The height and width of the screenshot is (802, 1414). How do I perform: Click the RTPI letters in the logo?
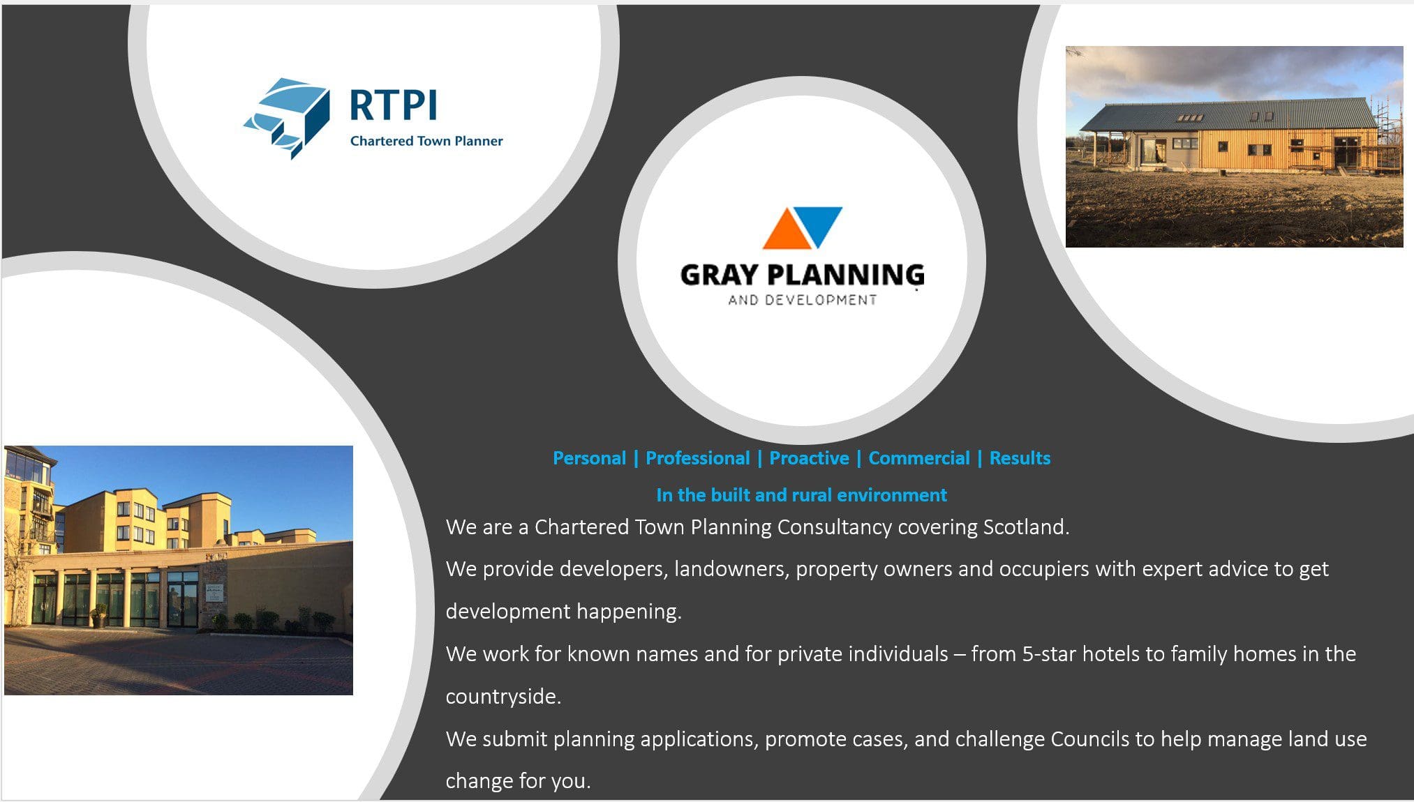(x=393, y=105)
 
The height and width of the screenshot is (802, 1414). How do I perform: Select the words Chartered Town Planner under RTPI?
(x=426, y=141)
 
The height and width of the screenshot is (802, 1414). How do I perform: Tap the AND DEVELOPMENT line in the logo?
(x=802, y=300)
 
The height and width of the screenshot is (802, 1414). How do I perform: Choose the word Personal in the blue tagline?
(x=589, y=458)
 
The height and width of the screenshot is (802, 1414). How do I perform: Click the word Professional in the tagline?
(x=697, y=458)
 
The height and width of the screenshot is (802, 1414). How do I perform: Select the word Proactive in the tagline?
(x=809, y=458)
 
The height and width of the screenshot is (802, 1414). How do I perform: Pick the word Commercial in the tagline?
(x=919, y=458)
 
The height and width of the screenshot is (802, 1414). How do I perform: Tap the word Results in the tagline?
(x=1020, y=458)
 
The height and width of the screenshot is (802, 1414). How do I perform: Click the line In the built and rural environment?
(x=801, y=495)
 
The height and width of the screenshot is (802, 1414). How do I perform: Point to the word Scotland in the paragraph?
(x=1026, y=527)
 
